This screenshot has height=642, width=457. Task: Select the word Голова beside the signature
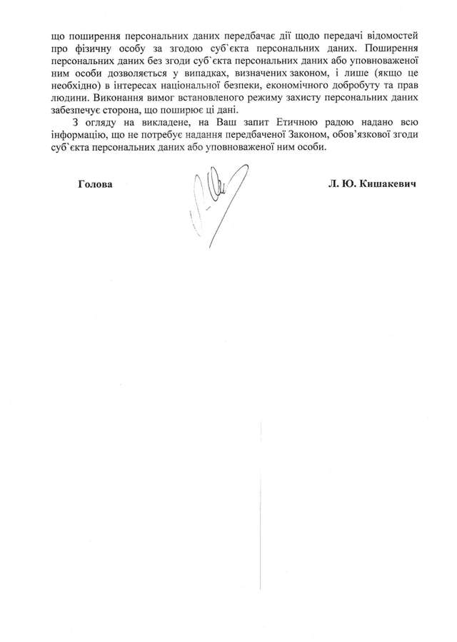(x=95, y=183)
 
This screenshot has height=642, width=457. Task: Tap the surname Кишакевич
(x=390, y=183)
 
